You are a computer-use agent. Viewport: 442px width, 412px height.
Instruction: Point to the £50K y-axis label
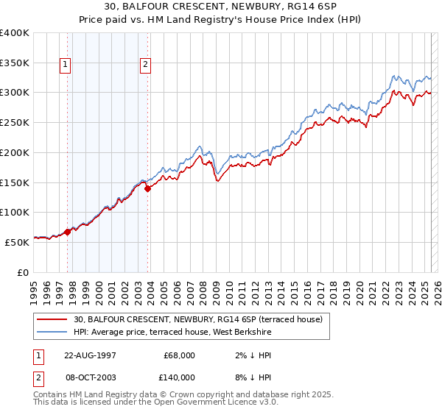[18, 241]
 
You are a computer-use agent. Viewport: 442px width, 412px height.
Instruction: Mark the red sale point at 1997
[68, 232]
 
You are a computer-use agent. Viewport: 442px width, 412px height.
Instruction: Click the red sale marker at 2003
[148, 188]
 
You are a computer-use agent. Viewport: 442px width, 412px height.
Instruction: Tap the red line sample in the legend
[52, 320]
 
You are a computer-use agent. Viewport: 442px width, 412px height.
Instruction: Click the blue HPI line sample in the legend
[52, 333]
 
